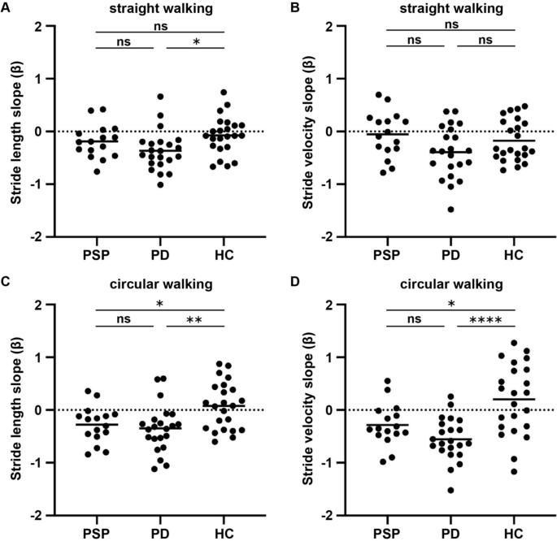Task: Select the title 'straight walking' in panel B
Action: pos(452,10)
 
